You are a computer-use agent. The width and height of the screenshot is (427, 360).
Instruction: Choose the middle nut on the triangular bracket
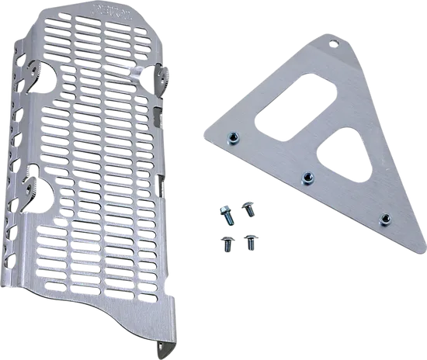[x=307, y=177]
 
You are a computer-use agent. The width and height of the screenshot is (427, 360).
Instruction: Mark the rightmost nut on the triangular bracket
[x=383, y=219]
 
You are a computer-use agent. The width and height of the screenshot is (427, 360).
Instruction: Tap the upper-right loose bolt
[x=249, y=207]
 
